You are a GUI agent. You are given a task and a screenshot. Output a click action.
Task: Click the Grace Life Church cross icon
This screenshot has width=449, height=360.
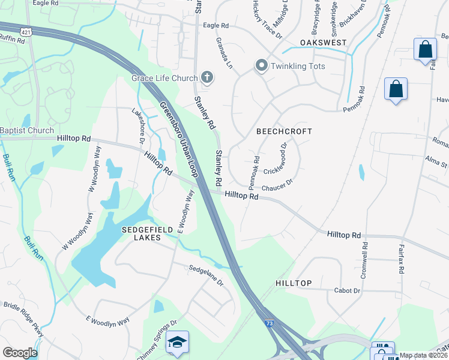click(206, 77)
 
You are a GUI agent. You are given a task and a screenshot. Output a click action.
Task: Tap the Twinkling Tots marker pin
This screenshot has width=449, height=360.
click(261, 65)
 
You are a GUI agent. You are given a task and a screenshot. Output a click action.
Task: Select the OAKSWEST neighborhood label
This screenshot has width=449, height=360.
click(325, 44)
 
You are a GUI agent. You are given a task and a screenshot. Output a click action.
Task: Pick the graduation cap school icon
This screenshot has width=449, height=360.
click(178, 342)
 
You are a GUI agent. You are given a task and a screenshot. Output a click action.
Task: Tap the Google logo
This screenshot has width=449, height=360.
click(19, 353)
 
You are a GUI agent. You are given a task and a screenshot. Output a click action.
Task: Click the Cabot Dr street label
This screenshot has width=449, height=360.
click(348, 291)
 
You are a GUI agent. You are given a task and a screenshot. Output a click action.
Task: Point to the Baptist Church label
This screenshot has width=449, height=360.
click(27, 130)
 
